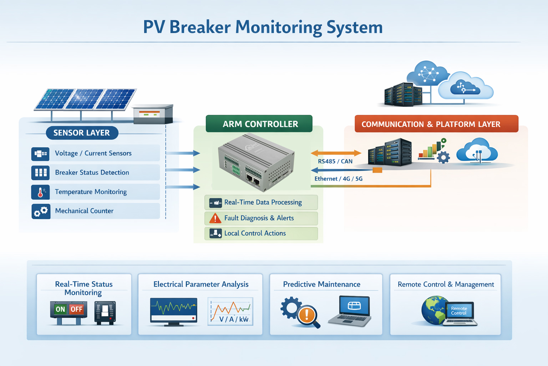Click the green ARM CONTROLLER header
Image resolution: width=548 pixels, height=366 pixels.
click(x=259, y=124)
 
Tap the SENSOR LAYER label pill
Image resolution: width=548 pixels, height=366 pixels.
click(x=82, y=133)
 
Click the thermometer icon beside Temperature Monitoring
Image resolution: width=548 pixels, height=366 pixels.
click(x=40, y=192)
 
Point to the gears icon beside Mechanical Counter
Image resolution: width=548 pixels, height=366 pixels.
click(x=40, y=211)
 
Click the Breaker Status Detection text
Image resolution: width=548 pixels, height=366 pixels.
click(x=92, y=173)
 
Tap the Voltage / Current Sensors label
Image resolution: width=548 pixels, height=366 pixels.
click(x=93, y=153)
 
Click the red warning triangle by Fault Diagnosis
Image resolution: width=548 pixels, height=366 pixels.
click(x=215, y=218)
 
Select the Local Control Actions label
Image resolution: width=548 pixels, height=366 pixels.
click(x=255, y=233)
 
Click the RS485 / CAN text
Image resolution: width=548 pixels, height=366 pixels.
click(x=335, y=161)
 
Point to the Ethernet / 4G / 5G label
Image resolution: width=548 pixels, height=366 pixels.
click(x=338, y=179)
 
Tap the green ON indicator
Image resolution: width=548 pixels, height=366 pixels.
click(x=60, y=309)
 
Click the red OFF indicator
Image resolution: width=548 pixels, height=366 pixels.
click(x=76, y=309)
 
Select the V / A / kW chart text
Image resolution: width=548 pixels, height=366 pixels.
click(x=234, y=319)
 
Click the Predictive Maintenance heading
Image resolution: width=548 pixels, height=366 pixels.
click(x=321, y=285)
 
